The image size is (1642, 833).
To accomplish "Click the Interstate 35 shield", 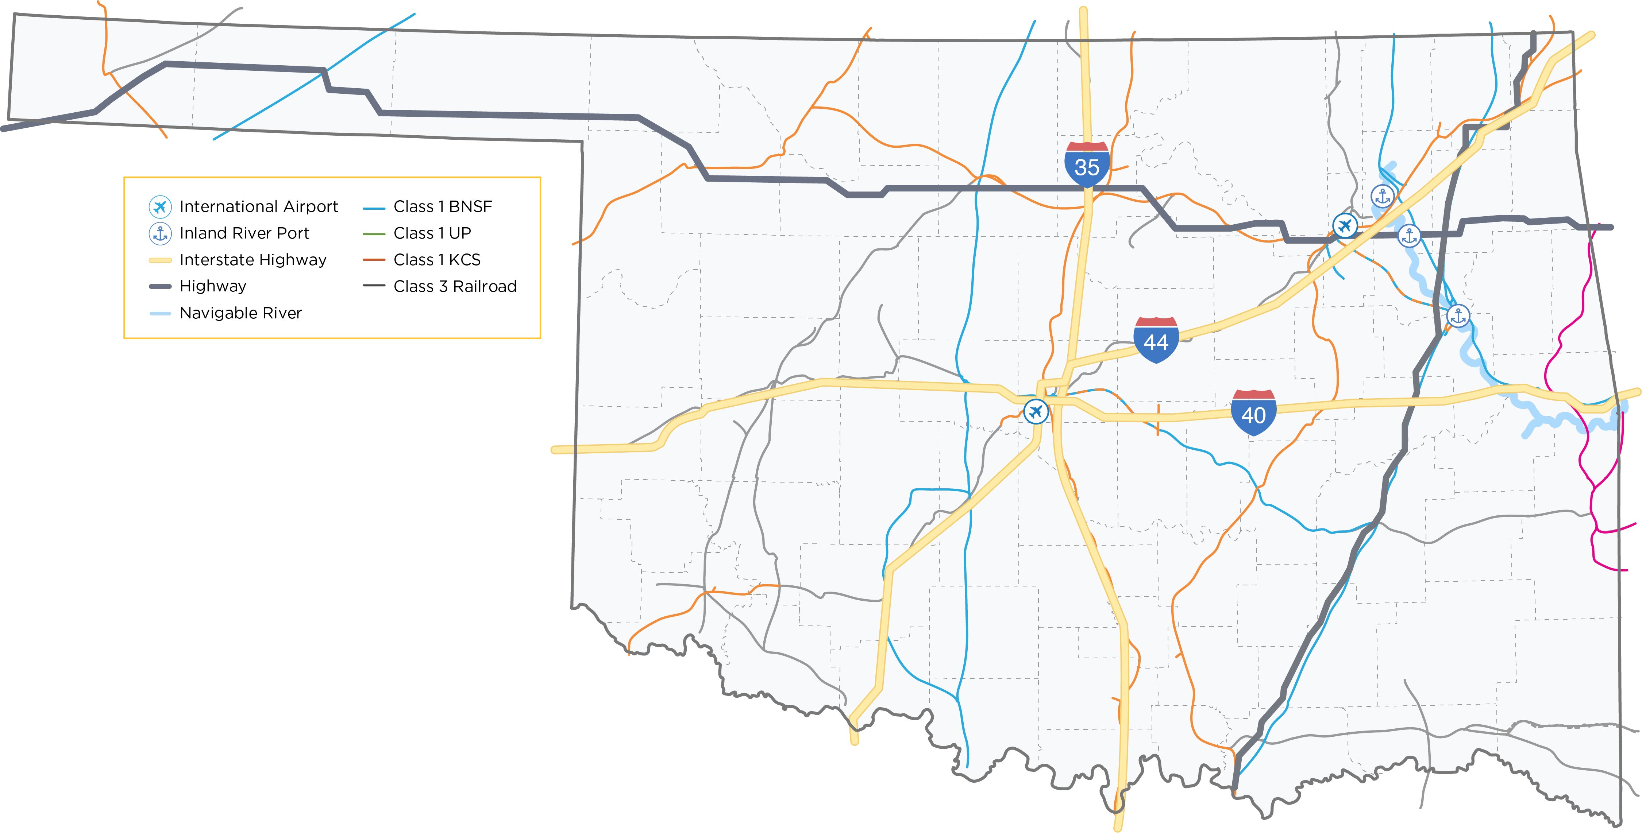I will point(1087,165).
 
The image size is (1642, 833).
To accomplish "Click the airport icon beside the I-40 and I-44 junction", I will point(1036,412).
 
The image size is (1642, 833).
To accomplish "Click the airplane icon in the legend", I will point(160,206).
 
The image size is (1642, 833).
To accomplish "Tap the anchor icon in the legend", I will point(160,233).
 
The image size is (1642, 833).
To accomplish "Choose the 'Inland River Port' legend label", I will point(244,233).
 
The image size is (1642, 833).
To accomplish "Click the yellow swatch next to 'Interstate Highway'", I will point(160,260).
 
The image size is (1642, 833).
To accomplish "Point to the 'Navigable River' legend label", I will point(240,313).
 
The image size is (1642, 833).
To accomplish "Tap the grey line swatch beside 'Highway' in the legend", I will point(160,286).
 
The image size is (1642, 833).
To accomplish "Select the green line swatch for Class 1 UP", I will point(374,234).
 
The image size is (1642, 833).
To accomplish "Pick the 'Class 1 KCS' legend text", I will point(437,260).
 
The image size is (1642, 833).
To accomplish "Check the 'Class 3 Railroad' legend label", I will point(455,287).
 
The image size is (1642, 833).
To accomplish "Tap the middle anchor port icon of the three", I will point(1409,236).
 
